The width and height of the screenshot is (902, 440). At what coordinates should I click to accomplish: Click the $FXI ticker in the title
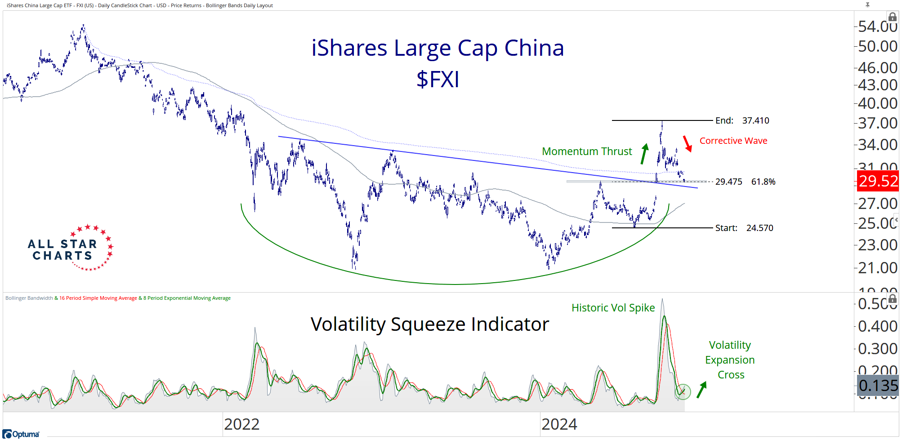438,80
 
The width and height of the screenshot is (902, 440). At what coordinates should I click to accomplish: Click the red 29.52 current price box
878,181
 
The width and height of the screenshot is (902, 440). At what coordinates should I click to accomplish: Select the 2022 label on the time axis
241,424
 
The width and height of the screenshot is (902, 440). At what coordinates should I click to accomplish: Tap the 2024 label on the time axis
559,424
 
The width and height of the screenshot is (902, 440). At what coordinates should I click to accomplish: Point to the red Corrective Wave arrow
687,144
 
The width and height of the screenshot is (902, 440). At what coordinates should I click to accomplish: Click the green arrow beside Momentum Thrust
644,154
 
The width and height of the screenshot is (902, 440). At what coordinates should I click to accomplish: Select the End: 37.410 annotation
742,120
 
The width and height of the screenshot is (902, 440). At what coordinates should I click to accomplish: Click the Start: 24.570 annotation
744,228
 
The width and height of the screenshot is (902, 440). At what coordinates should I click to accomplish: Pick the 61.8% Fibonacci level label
763,182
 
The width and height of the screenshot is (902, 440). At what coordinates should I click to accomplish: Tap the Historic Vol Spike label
613,308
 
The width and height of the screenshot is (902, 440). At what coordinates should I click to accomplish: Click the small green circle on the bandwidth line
683,392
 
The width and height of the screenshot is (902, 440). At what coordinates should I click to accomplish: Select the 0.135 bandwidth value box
878,386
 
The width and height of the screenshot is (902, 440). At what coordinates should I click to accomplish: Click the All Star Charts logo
70,248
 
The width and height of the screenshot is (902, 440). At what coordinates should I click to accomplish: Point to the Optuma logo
21,434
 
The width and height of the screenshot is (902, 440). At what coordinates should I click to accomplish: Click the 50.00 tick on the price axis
877,46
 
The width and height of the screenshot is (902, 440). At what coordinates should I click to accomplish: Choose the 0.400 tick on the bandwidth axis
877,326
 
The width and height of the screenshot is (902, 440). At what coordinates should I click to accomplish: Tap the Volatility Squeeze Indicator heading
429,324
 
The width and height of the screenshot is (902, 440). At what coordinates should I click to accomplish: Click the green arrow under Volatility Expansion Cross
701,390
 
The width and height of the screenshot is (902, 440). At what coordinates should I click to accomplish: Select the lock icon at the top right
892,17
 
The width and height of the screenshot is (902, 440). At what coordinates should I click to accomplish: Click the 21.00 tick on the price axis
877,268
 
